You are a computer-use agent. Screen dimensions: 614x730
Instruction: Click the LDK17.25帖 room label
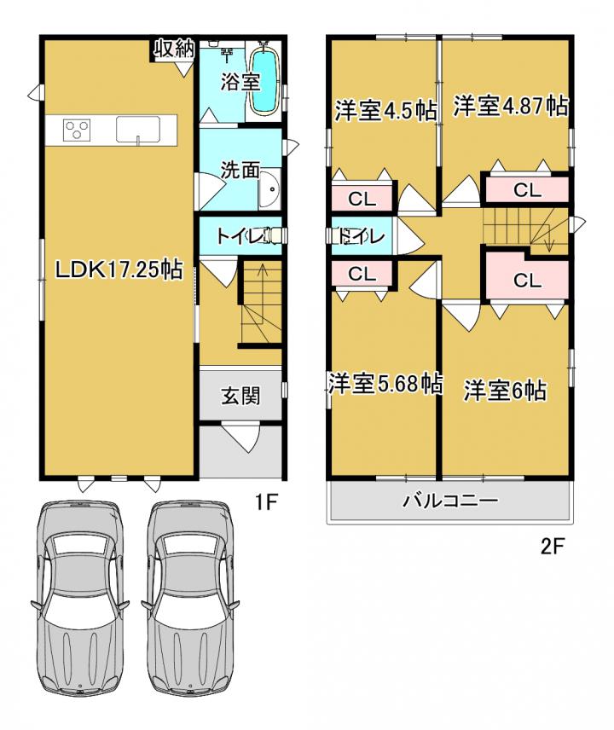coord(119,269)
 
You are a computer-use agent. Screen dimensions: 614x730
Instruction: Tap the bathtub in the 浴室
coord(265,82)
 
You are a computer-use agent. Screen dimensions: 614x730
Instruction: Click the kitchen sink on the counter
coord(138,130)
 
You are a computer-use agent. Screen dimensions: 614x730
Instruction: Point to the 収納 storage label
coord(174,49)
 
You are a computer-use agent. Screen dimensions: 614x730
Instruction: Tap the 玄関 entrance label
coord(240,397)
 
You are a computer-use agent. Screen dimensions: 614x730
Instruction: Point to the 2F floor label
coord(553,546)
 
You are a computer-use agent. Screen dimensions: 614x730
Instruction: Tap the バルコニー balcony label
coord(450,501)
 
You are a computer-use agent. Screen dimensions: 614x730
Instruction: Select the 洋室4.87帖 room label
coord(511,106)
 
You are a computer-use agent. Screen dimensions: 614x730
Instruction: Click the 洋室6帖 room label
coord(505,389)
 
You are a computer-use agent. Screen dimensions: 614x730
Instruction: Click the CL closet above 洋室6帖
coord(527,280)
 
